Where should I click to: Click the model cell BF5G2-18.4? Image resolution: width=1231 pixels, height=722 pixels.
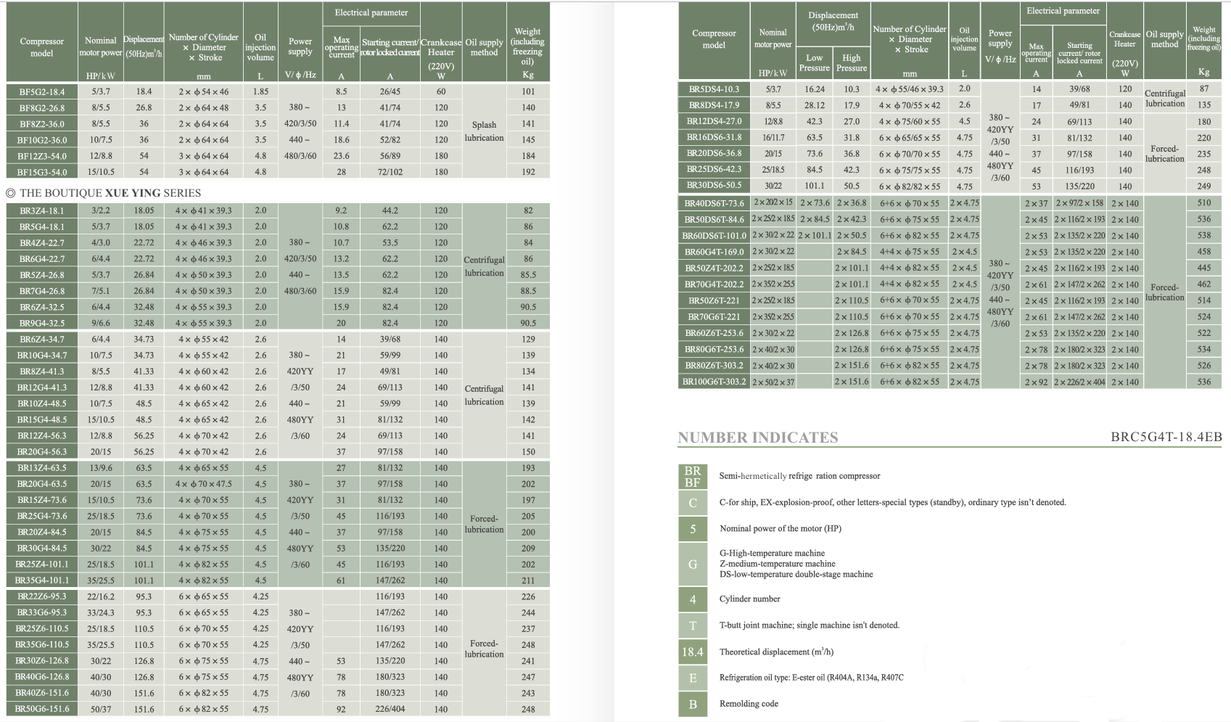pyautogui.click(x=42, y=92)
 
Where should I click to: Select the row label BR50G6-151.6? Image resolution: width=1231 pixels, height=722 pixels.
pyautogui.click(x=42, y=709)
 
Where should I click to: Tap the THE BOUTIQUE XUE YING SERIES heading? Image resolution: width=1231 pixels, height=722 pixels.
pyautogui.click(x=103, y=193)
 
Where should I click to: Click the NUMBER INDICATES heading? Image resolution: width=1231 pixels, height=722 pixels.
pyautogui.click(x=757, y=438)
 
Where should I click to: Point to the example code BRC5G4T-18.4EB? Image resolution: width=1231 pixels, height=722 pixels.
pyautogui.click(x=1166, y=437)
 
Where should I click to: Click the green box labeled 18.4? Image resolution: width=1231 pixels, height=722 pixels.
pyautogui.click(x=692, y=652)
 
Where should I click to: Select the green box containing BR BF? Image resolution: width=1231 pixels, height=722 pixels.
pyautogui.click(x=692, y=477)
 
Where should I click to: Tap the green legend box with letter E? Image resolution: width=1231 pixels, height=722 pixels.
pyautogui.click(x=692, y=678)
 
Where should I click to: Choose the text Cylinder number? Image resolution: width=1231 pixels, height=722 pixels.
pyautogui.click(x=749, y=599)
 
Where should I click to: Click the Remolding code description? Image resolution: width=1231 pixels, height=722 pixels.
pyautogui.click(x=749, y=704)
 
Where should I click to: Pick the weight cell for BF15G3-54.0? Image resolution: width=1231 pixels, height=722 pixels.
pyautogui.click(x=528, y=172)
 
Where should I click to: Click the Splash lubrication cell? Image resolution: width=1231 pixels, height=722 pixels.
pyautogui.click(x=484, y=131)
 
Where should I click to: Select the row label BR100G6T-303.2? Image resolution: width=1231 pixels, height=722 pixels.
pyautogui.click(x=714, y=382)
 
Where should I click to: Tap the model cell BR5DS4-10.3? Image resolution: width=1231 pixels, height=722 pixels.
pyautogui.click(x=714, y=89)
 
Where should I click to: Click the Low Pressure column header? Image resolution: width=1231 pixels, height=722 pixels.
pyautogui.click(x=814, y=62)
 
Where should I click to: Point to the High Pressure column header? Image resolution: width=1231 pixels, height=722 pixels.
pyautogui.click(x=851, y=62)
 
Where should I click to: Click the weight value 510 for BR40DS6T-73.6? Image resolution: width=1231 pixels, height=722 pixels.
pyautogui.click(x=1203, y=203)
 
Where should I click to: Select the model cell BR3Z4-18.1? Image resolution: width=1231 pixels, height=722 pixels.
pyautogui.click(x=42, y=211)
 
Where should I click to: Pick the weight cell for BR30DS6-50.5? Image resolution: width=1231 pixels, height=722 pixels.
pyautogui.click(x=1203, y=186)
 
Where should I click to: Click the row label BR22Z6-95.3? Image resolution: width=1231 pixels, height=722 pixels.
pyautogui.click(x=42, y=596)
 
